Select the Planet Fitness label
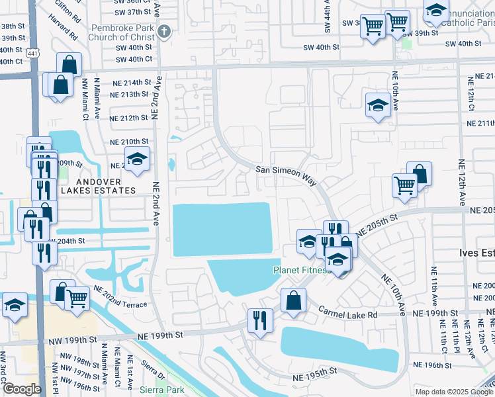[301, 270]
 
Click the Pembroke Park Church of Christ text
[123, 32]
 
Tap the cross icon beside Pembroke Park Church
[164, 30]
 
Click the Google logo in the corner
[22, 389]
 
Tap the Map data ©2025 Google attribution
[454, 392]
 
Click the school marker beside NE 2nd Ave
[138, 159]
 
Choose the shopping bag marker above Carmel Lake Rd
[293, 300]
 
